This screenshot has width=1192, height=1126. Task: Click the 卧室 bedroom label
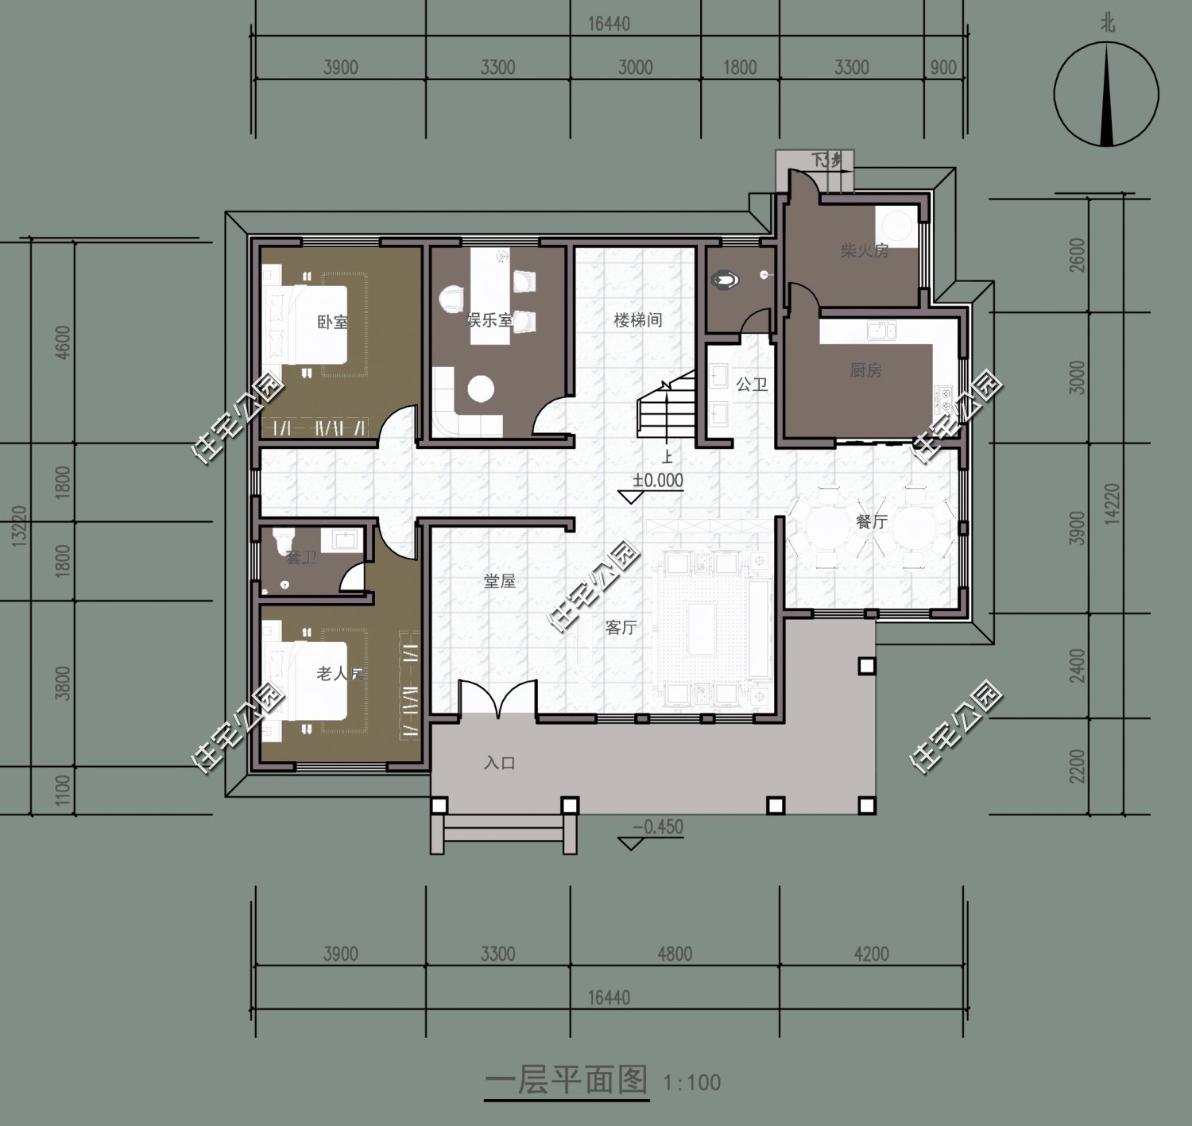[x=332, y=323]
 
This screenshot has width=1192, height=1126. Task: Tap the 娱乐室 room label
[x=489, y=321]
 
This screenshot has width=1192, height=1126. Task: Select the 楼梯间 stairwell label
[x=638, y=320]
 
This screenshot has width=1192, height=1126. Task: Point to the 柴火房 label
[x=865, y=251]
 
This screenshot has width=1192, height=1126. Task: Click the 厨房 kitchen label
[x=865, y=370]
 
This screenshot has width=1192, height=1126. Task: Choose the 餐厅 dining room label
[x=872, y=522]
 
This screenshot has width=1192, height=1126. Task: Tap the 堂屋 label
[x=500, y=581]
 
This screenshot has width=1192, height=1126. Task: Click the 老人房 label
[x=340, y=674]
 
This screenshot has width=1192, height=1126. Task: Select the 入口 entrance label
[x=500, y=763]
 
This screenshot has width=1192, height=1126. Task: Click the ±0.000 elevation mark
[x=658, y=481]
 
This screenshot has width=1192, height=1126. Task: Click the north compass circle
[x=1106, y=95]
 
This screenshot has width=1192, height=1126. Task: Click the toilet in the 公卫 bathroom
[x=726, y=280]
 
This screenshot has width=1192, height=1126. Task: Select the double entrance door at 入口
[x=497, y=699]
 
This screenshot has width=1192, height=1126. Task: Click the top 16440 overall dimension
[x=609, y=24]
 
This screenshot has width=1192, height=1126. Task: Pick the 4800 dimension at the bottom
[x=674, y=953]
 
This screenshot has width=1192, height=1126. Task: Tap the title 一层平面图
[x=567, y=1081]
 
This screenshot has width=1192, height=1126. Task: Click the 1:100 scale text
[x=691, y=1082]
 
